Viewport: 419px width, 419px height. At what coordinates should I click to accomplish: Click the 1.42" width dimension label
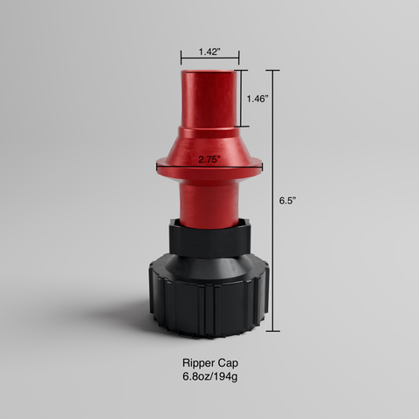(209, 52)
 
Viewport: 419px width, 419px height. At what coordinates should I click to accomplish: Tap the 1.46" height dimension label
(258, 99)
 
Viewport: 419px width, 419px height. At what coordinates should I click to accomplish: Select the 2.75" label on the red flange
(209, 160)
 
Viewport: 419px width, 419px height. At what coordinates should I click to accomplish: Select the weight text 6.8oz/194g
(209, 376)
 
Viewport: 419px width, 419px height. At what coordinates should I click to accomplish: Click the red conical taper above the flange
(209, 140)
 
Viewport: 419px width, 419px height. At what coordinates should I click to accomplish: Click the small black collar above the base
(209, 237)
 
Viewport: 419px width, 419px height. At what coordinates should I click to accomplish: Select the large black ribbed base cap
(209, 292)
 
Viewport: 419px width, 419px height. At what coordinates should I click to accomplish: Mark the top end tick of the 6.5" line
(275, 70)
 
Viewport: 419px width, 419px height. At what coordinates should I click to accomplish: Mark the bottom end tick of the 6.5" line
(275, 332)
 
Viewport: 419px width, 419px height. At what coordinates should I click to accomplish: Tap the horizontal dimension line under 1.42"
(209, 62)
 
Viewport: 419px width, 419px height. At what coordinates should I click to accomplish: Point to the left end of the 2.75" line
(157, 162)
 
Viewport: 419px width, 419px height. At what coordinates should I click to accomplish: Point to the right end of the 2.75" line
(261, 162)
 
